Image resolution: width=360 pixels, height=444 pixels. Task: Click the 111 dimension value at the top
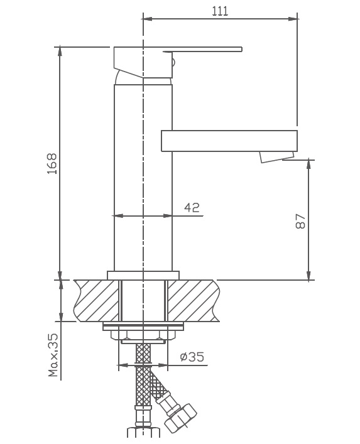point(220,11)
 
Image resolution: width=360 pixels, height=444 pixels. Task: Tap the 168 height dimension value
point(52,164)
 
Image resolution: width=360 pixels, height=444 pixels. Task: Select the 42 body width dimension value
point(192,208)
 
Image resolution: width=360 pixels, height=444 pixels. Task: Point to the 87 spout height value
point(300,222)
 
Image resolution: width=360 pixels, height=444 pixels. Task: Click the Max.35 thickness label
point(53,355)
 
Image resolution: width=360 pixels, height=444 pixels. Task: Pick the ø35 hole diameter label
point(192,357)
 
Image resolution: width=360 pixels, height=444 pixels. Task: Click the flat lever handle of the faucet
point(202,50)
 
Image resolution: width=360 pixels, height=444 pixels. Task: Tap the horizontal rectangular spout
point(229,141)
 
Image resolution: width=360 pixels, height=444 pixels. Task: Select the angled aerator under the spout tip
point(277,156)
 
